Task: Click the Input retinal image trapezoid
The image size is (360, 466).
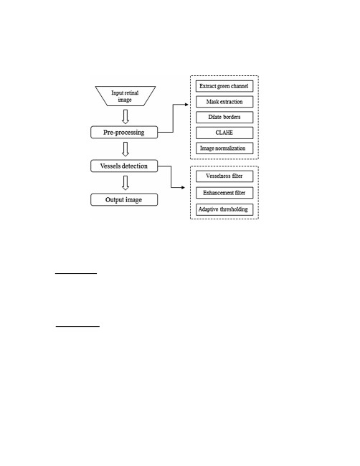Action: [x=125, y=96]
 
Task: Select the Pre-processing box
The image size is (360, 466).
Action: [x=124, y=132]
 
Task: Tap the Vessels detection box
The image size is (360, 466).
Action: [x=124, y=166]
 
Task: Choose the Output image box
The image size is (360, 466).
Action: [x=124, y=200]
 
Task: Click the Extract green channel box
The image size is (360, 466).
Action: [x=224, y=86]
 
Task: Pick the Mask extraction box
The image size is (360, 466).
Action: [x=224, y=102]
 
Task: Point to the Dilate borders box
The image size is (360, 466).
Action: [x=224, y=117]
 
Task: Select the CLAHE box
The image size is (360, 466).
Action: [x=224, y=133]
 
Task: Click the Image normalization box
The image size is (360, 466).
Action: [x=224, y=148]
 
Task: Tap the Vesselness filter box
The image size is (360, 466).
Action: [x=224, y=176]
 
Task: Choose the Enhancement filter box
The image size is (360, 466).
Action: [x=224, y=193]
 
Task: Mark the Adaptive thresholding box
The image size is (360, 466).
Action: [x=224, y=209]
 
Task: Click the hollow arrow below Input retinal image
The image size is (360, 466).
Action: [x=125, y=116]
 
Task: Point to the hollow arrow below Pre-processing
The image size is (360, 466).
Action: [x=125, y=149]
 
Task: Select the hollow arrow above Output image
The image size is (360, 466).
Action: [x=125, y=183]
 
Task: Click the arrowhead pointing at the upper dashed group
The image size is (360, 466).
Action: [x=186, y=105]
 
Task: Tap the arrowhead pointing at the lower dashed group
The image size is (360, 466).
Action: [x=183, y=188]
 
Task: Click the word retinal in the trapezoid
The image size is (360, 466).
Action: [x=132, y=92]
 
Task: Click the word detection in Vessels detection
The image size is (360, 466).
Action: [x=133, y=166]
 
